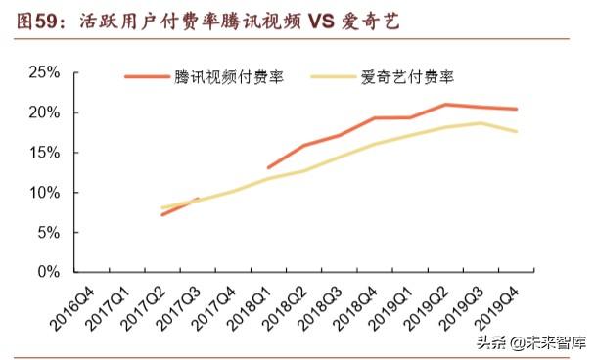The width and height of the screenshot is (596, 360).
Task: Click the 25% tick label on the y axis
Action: [43, 72]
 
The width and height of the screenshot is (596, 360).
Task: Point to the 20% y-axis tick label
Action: [43, 112]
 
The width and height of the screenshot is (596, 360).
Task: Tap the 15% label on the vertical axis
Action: [43, 153]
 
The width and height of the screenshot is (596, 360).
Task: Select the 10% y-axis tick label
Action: [43, 193]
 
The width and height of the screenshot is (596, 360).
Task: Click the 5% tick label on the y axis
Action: [47, 233]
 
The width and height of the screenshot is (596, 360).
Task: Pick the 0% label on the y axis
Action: [47, 272]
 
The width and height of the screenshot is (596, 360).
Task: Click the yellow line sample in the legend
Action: [333, 77]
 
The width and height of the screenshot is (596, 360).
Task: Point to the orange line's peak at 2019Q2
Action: [446, 104]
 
